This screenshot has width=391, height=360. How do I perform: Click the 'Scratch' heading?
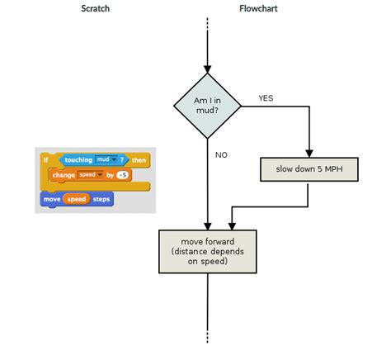tap(96, 9)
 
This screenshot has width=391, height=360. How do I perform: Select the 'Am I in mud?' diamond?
tap(206, 105)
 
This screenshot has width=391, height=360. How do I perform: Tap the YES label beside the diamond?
tap(266, 97)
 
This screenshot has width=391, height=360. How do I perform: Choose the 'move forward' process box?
tap(206, 251)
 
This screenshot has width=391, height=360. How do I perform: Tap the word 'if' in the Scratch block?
tap(46, 160)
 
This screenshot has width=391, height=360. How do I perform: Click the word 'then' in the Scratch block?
tap(139, 160)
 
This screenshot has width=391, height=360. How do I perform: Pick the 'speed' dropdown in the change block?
tap(88, 175)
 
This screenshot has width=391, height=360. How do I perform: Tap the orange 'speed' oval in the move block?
tap(75, 199)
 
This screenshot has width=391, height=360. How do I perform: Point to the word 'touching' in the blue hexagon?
tap(78, 160)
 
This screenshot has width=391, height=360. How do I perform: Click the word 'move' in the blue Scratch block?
tap(51, 199)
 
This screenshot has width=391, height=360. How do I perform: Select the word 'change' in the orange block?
tap(63, 175)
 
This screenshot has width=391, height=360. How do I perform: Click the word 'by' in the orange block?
tap(110, 175)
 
